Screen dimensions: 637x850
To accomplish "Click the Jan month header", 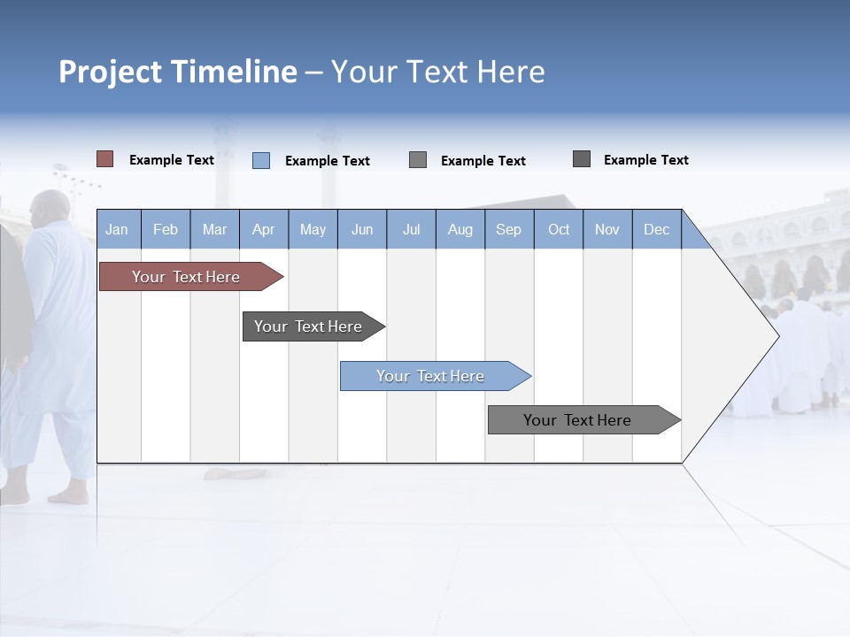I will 117,229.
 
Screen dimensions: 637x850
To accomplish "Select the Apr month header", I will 263,229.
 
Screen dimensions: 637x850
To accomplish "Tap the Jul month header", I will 411,229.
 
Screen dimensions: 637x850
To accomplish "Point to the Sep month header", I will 508,229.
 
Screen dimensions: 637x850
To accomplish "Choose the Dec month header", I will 656,229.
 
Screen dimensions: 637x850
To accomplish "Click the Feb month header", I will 166,229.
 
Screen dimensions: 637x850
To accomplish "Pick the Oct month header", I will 559,229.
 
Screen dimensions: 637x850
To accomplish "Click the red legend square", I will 105,159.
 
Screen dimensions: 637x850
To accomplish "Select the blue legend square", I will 261,160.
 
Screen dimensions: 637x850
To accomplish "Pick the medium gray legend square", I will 418,160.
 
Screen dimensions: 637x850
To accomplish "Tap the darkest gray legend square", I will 582,159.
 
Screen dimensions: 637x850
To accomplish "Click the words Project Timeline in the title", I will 178,72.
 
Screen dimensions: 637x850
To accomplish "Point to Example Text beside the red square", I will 172,160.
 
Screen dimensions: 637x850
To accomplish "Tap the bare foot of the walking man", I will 68,497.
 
